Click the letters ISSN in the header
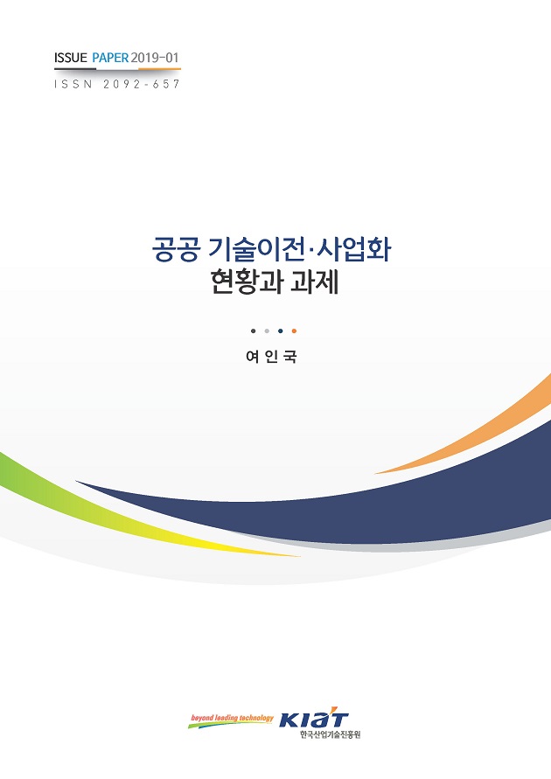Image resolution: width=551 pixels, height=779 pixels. point(73,85)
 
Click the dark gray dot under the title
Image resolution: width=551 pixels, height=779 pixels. point(253,331)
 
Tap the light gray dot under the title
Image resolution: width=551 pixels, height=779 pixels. point(266,331)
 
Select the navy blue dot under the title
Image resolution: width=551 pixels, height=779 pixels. point(280,331)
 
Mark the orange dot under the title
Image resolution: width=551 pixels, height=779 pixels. point(294,331)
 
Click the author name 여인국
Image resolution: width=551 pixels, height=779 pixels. point(273,358)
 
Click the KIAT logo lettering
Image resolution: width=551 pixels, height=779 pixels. point(314,720)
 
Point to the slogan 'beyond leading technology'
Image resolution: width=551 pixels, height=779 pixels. point(232,719)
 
